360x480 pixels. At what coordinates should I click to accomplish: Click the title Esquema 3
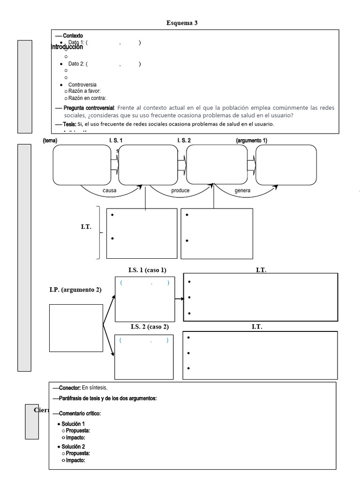185,23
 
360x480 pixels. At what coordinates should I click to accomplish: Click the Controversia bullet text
82,85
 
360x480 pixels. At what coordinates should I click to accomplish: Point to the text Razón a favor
84,91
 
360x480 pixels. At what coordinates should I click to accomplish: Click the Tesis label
69,124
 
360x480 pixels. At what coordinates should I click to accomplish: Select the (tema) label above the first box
50,140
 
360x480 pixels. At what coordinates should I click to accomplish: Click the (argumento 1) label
252,140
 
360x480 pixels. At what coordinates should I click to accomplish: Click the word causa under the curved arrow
109,191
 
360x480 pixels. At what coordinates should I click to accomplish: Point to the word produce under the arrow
180,191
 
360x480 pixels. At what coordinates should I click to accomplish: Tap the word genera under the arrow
242,191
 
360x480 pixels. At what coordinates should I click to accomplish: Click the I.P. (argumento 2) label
75,290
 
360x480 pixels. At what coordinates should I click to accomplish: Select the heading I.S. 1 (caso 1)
147,270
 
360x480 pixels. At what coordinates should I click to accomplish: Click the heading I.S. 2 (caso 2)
150,327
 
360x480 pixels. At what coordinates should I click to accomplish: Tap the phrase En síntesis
95,388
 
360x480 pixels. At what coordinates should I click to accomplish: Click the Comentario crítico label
80,413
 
